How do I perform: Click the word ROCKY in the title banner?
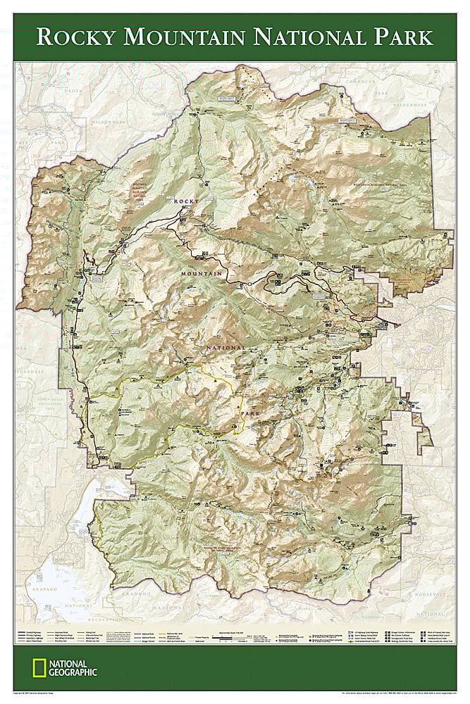click(78, 36)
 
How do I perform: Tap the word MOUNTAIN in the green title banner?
click(183, 36)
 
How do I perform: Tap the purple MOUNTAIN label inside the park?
click(201, 272)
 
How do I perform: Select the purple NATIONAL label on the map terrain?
click(225, 348)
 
